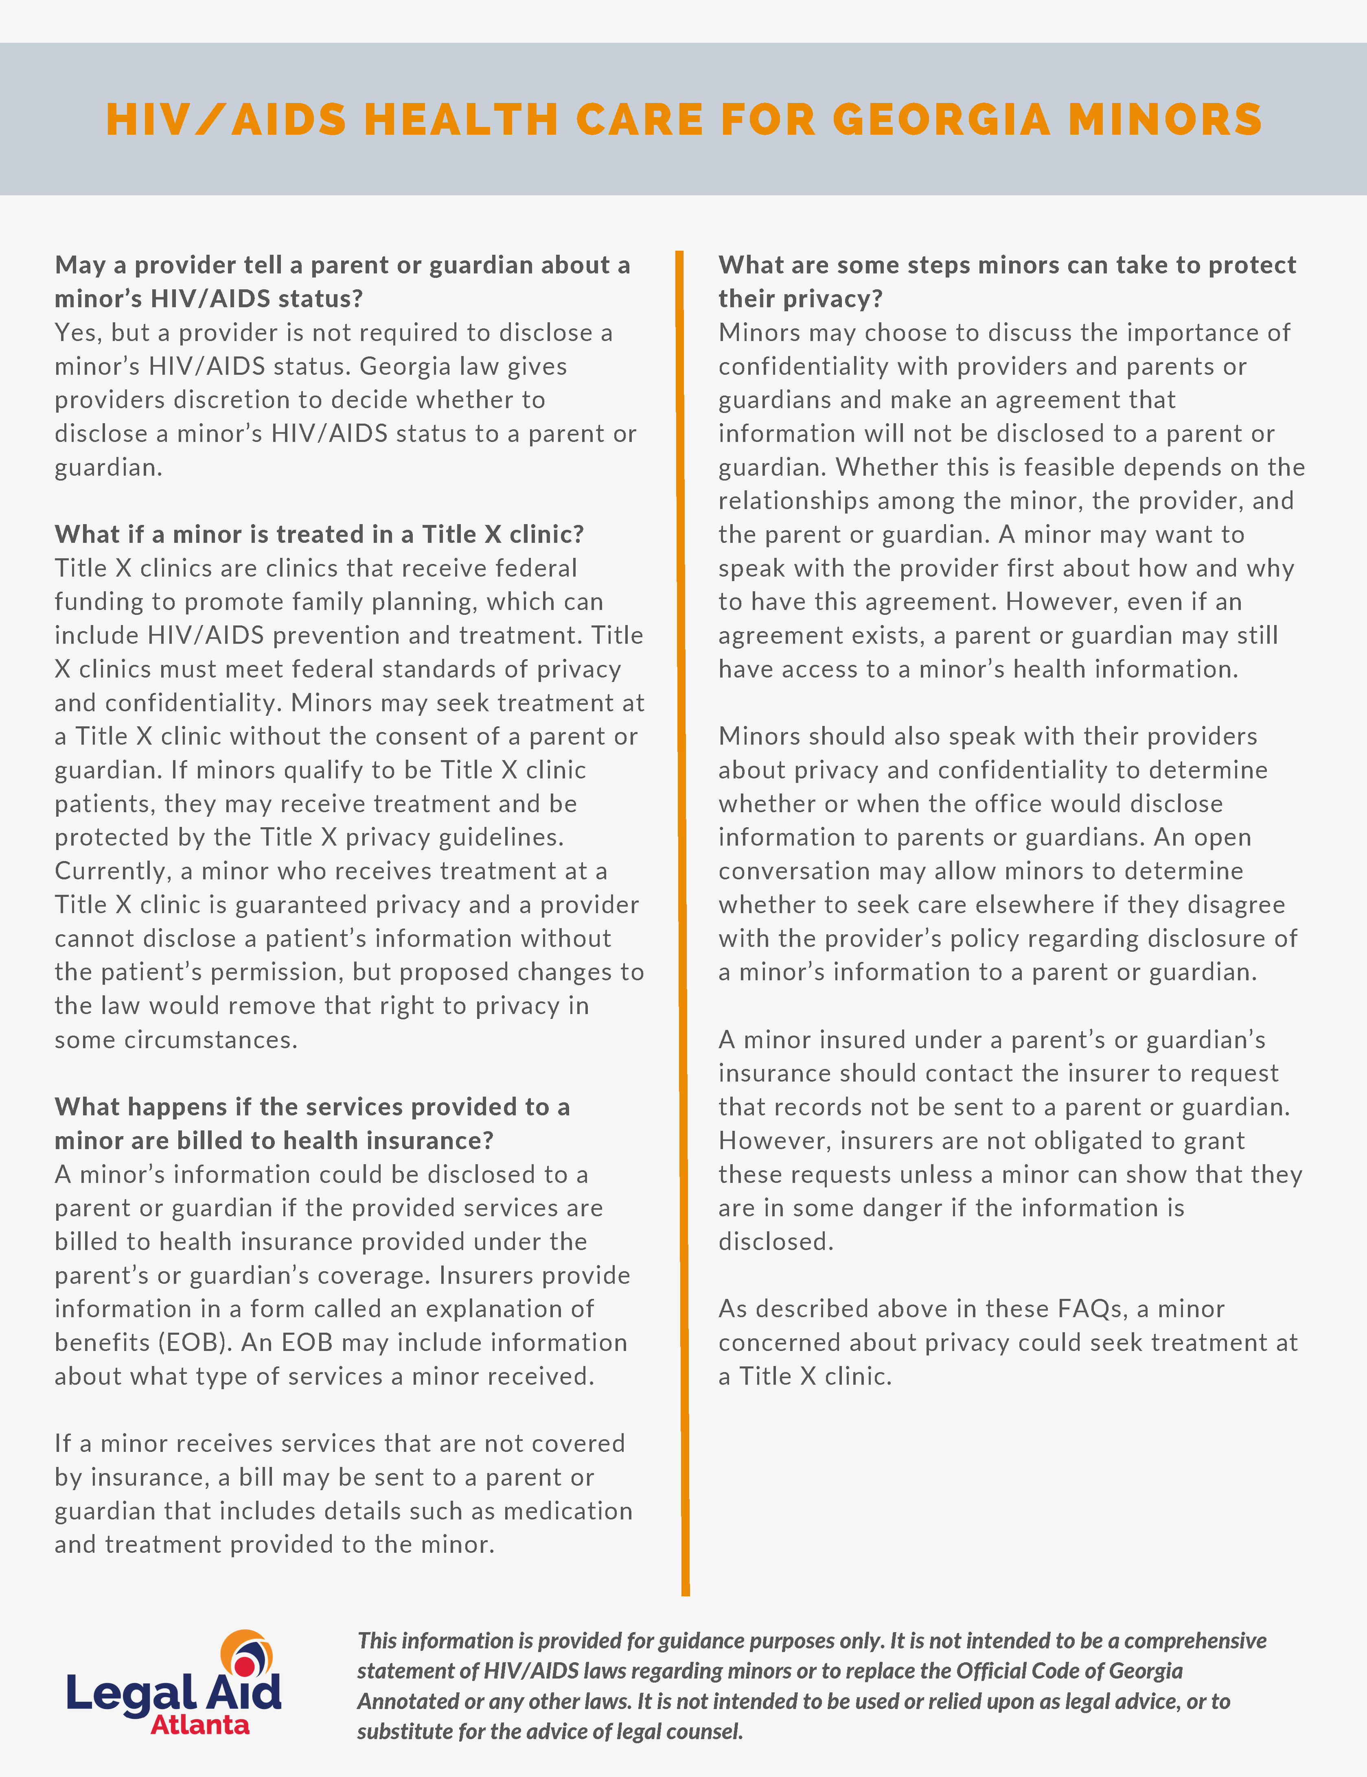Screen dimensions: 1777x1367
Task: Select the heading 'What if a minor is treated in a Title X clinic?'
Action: (x=319, y=534)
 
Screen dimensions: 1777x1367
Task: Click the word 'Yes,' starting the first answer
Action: (x=77, y=332)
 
